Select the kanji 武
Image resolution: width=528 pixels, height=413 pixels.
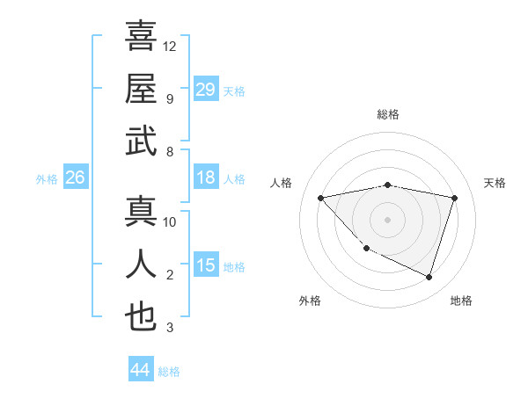[x=141, y=141]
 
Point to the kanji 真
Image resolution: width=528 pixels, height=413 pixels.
[x=141, y=212]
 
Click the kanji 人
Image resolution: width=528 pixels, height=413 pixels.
[x=141, y=264]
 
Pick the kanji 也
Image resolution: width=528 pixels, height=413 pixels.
[x=141, y=317]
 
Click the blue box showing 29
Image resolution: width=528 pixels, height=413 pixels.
[x=205, y=90]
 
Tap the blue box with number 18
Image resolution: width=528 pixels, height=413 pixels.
[x=205, y=178]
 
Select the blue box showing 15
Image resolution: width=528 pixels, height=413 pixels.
[x=205, y=265]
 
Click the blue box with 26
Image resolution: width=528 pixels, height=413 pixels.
[x=75, y=178]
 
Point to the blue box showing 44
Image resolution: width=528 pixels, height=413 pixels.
[x=140, y=370]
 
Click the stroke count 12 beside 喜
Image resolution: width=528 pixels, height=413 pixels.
[x=170, y=46]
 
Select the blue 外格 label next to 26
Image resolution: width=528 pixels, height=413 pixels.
[x=47, y=179]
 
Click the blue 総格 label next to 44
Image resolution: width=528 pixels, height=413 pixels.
[x=169, y=372]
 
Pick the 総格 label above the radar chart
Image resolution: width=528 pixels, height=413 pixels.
[x=388, y=114]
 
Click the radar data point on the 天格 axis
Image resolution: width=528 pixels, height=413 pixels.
[x=454, y=198]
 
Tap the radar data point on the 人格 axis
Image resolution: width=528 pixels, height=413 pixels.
[x=321, y=198]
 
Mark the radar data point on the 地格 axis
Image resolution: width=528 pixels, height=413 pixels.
[x=429, y=277]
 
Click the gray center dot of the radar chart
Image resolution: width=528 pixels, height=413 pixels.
[x=387, y=219]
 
